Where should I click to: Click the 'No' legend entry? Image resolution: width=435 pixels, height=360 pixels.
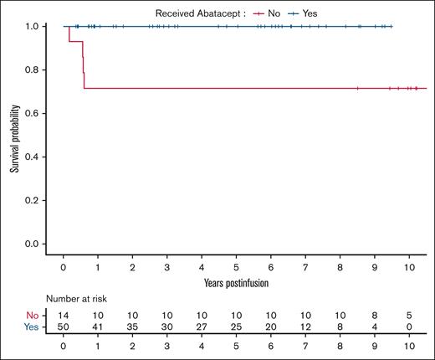[x=274, y=13]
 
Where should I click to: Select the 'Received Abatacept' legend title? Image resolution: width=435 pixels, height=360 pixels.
[x=198, y=13]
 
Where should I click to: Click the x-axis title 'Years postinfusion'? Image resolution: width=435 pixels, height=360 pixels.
[x=236, y=282]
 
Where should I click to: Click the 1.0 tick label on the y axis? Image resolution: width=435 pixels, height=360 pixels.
[x=31, y=26]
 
